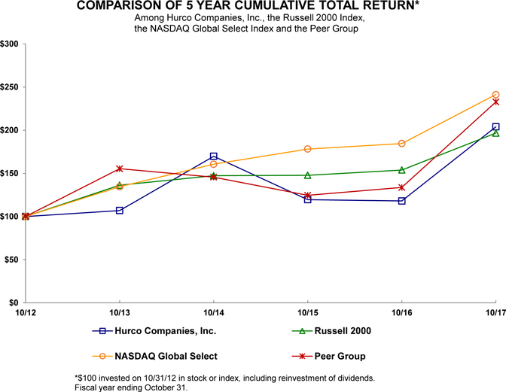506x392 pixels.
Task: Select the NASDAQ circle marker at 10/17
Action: pyautogui.click(x=495, y=95)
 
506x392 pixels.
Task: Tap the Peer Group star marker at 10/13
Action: pyautogui.click(x=120, y=169)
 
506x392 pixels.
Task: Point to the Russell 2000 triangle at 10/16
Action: pyautogui.click(x=401, y=170)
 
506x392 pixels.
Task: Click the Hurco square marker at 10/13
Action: pyautogui.click(x=120, y=211)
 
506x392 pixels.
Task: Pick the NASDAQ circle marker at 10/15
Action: pyautogui.click(x=307, y=149)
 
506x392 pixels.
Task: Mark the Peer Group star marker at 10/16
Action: pyautogui.click(x=401, y=187)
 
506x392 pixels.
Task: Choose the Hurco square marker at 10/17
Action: pyautogui.click(x=495, y=127)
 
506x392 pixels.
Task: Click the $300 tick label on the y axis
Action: pyautogui.click(x=11, y=44)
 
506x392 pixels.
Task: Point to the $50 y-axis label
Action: pyautogui.click(x=13, y=260)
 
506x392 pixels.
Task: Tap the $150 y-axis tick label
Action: pyautogui.click(x=11, y=174)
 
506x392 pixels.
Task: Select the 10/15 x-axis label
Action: pyautogui.click(x=307, y=311)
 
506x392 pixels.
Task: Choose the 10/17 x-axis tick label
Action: pyautogui.click(x=494, y=311)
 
